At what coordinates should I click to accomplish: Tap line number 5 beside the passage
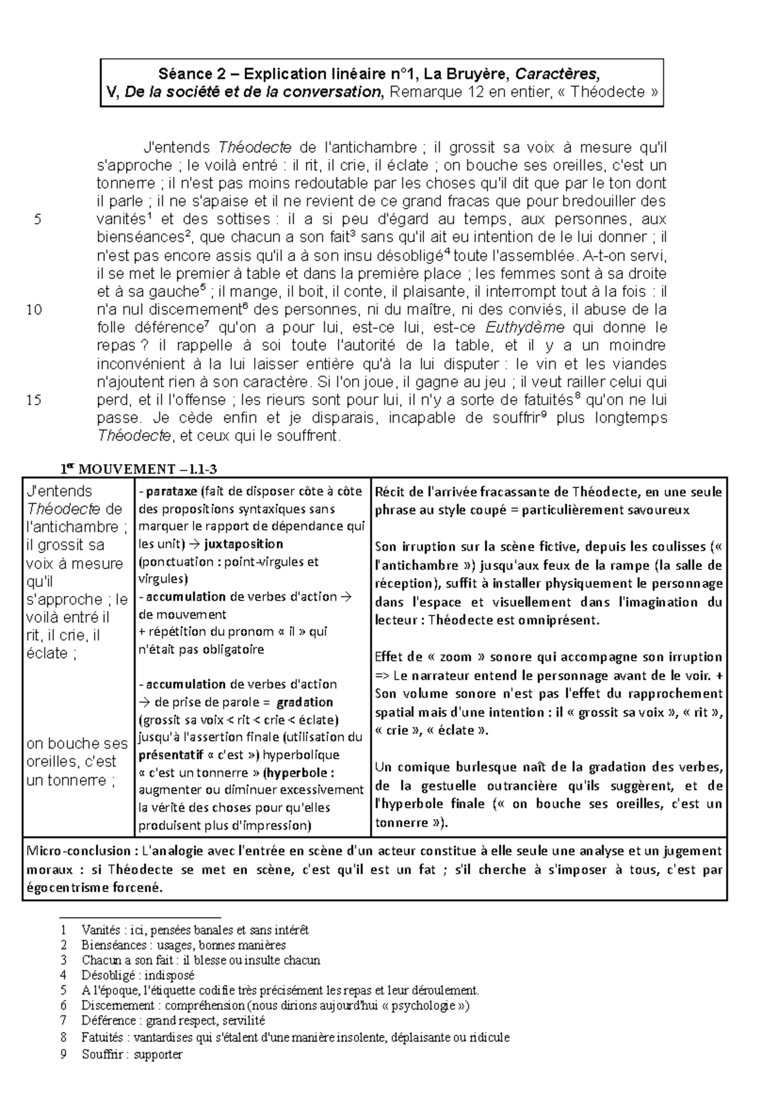(x=38, y=219)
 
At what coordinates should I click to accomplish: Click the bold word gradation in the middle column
(x=305, y=702)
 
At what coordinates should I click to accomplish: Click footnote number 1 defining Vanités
(x=62, y=930)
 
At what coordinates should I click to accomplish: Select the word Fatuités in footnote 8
(x=102, y=1037)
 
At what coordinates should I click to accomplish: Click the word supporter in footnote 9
(x=159, y=1054)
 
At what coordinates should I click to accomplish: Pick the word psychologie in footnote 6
(x=421, y=1006)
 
